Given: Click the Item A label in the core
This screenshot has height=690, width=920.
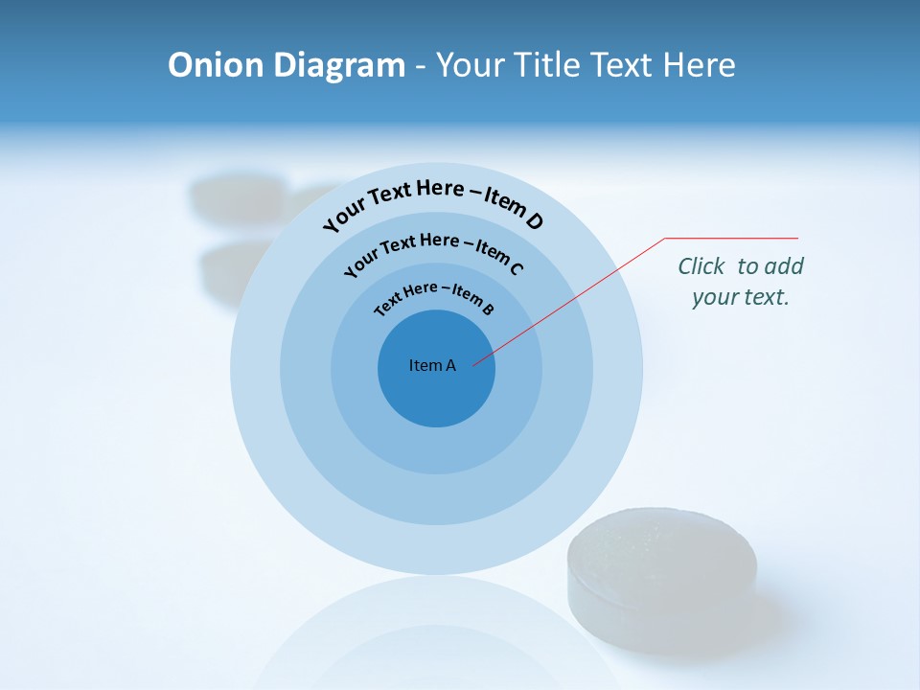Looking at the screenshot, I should click(432, 365).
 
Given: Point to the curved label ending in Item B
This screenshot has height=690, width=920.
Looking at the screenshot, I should click(434, 296).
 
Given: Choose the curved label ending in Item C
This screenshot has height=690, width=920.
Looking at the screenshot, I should click(433, 250).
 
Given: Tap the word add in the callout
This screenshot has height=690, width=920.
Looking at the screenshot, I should click(784, 266).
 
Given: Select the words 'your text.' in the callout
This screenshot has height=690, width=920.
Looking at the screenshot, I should click(741, 297).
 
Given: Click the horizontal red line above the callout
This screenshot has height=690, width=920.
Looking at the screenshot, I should click(731, 238).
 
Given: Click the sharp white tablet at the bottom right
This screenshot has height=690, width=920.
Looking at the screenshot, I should click(661, 580).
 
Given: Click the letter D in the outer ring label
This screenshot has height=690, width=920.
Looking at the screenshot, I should click(534, 222).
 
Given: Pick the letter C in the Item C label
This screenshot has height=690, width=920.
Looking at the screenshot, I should click(516, 268).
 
